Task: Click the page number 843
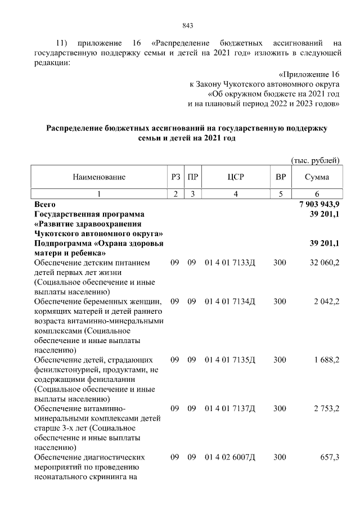click(188, 25)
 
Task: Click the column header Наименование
click(99, 177)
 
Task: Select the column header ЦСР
click(235, 177)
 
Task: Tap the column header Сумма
click(317, 177)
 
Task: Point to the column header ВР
click(280, 177)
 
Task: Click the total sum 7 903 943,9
click(320, 204)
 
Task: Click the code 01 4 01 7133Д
click(229, 263)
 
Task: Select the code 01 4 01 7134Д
click(229, 302)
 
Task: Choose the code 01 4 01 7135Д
click(229, 360)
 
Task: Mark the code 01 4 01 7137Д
click(229, 409)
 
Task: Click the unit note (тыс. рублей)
click(315, 161)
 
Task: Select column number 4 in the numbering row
click(235, 194)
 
